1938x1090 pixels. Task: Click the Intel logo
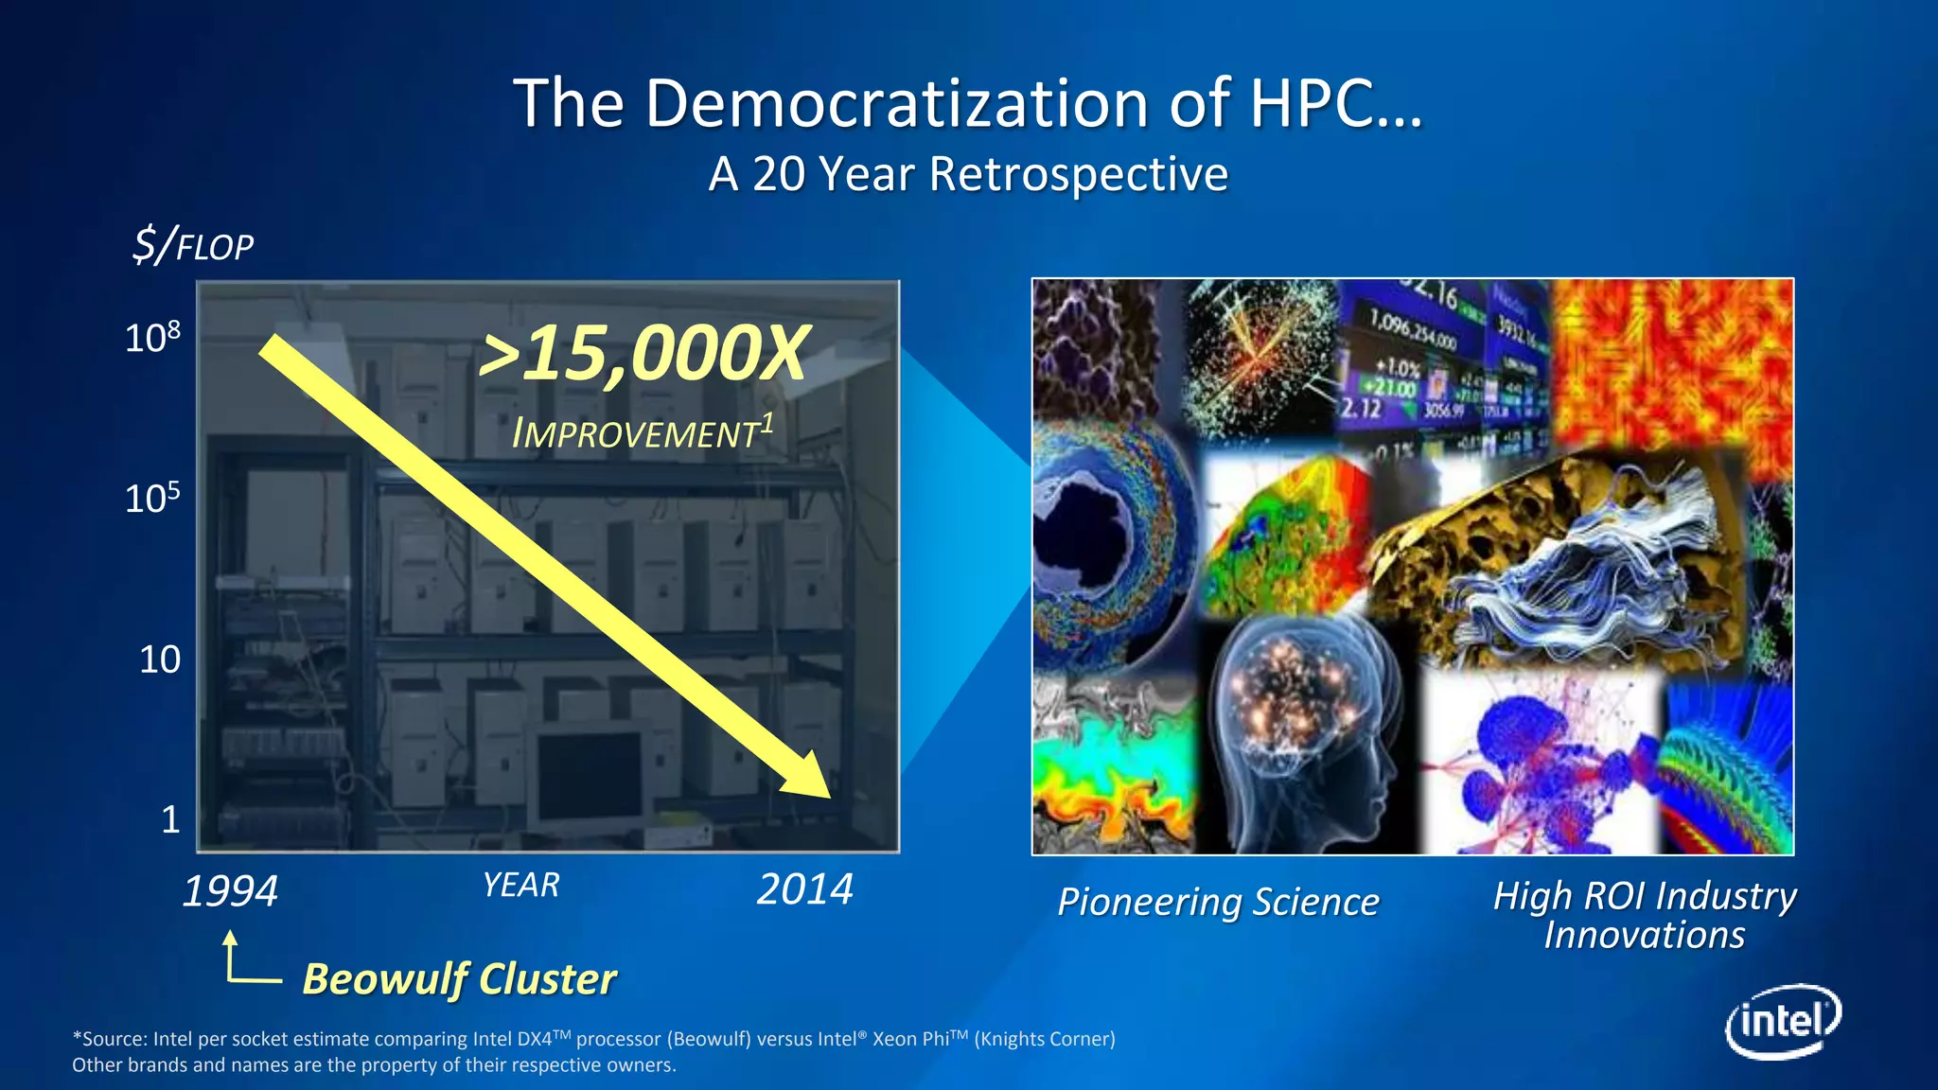pyautogui.click(x=1784, y=1022)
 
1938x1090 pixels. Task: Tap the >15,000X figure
pyautogui.click(x=643, y=354)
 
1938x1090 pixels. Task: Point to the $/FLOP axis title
pyautogui.click(x=193, y=245)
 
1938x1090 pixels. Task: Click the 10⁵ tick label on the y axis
pyautogui.click(x=151, y=498)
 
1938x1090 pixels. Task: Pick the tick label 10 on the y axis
pyautogui.click(x=159, y=659)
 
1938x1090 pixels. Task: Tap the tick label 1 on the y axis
pyautogui.click(x=170, y=819)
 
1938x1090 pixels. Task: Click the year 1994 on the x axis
pyautogui.click(x=230, y=891)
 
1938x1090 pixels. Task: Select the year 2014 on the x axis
pyautogui.click(x=805, y=889)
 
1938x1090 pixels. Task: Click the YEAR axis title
pyautogui.click(x=520, y=886)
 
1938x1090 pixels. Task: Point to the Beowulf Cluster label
pyautogui.click(x=459, y=978)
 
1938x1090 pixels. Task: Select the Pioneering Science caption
pyautogui.click(x=1218, y=902)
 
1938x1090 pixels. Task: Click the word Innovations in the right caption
pyautogui.click(x=1645, y=936)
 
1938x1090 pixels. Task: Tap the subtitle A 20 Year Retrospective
pyautogui.click(x=968, y=174)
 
